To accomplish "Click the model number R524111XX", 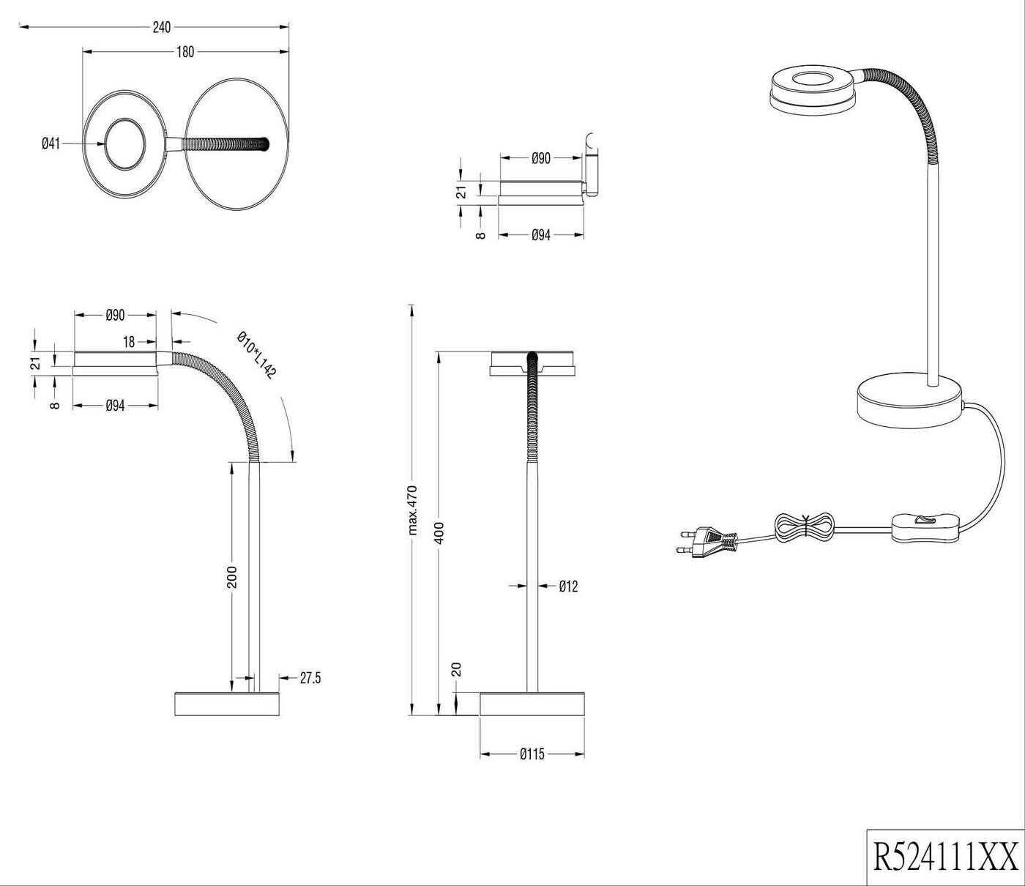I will tap(945, 855).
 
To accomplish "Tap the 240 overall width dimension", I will tap(161, 28).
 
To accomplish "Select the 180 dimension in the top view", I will tap(185, 52).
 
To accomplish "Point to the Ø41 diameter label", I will tap(50, 144).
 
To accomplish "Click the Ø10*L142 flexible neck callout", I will tap(256, 355).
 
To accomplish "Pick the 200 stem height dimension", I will tap(231, 576).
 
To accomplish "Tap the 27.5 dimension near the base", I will tap(310, 678).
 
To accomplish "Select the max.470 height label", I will tap(411, 510).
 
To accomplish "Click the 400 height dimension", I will tap(439, 532).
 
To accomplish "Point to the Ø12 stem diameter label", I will tap(568, 586).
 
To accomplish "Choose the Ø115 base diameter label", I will tap(532, 754).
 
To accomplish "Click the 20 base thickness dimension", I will tap(456, 669).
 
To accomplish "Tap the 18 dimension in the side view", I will tap(129, 341).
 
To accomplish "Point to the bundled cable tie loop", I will tap(805, 526).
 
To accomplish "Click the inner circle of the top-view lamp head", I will tap(127, 144).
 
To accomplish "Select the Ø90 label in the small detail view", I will tap(540, 158).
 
